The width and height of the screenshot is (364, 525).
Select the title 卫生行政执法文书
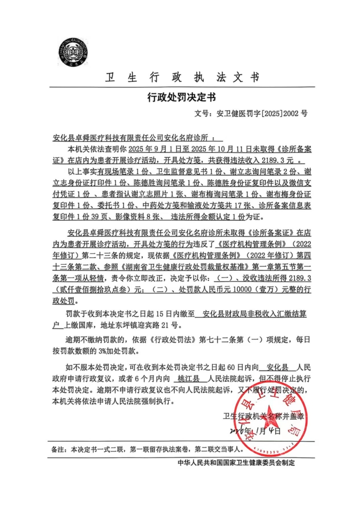tap(182, 77)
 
